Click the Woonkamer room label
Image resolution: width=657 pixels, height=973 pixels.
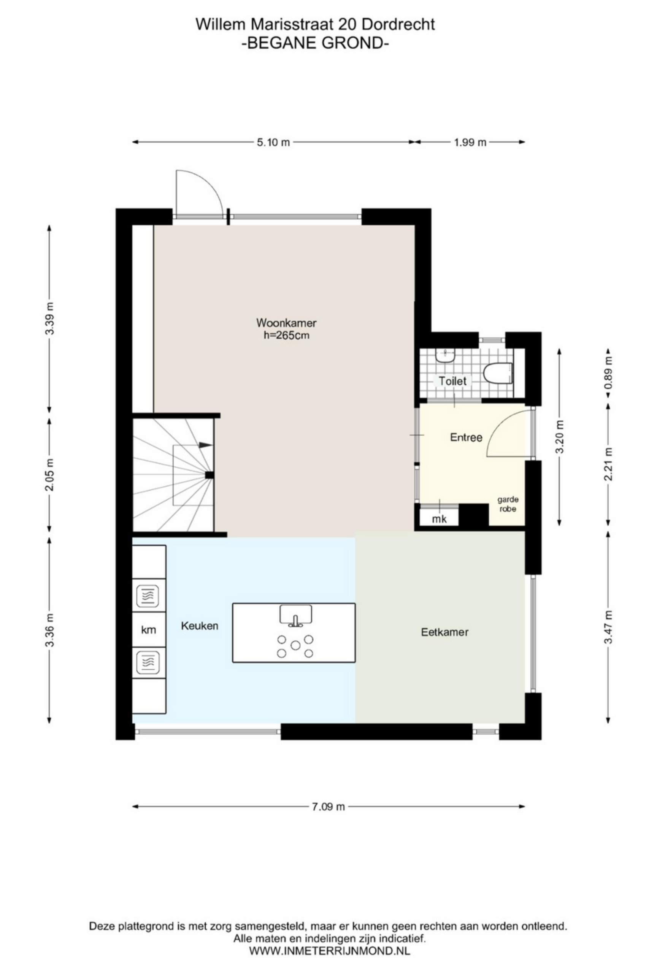286,323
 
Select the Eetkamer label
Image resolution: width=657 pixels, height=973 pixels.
445,632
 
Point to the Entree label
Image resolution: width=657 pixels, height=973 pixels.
466,437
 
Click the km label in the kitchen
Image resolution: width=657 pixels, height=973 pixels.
149,629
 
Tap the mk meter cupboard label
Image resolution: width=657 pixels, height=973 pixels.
439,519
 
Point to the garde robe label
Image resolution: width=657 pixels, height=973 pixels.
508,504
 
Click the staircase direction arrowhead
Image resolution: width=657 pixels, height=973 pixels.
205,445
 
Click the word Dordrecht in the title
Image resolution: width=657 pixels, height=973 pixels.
398,24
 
